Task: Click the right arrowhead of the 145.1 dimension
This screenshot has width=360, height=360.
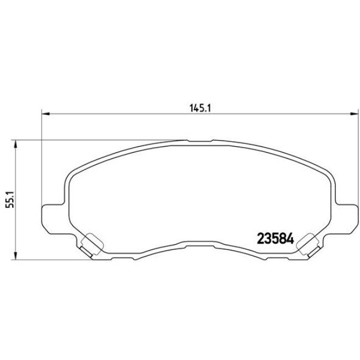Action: [352, 115]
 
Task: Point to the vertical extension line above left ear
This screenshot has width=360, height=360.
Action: [42, 161]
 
